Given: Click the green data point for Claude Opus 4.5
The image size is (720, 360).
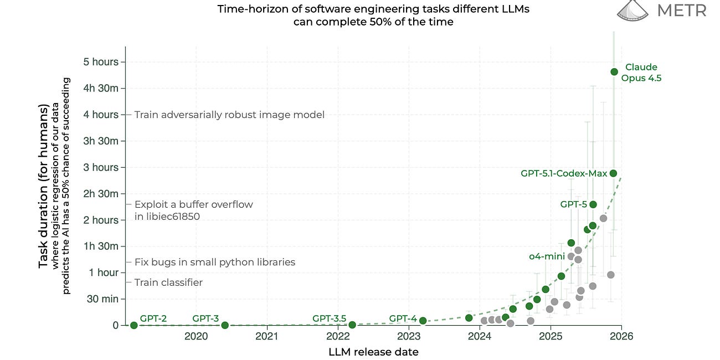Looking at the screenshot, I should point(614,71).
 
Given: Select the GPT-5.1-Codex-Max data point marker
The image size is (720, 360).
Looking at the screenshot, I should point(613,173).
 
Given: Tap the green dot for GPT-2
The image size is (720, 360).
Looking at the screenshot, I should point(133,325).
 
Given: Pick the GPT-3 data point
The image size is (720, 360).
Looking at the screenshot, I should point(225,325).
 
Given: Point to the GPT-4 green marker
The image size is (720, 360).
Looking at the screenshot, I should point(423,321).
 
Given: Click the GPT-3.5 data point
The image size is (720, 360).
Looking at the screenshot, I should point(352,325).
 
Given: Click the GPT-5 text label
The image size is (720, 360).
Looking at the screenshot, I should point(573,204).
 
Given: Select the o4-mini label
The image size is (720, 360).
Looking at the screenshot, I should point(547,256).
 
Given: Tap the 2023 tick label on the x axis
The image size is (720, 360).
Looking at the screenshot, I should point(409,336).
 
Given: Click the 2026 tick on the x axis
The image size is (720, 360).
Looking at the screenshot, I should point(621,336).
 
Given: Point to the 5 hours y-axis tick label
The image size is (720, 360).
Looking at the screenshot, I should point(101,62).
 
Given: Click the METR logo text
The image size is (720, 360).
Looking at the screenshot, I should point(681,11).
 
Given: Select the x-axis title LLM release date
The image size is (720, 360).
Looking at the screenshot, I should point(373,352).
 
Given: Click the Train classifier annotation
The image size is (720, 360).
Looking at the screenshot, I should point(168,282).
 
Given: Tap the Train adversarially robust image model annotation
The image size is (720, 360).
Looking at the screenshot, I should point(229,115).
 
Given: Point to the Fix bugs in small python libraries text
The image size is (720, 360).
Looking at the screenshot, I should point(215,262).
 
